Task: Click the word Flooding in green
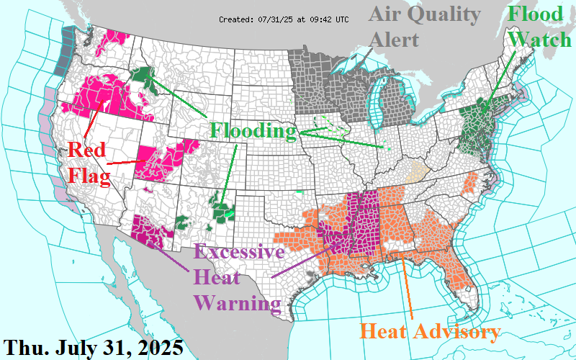253,131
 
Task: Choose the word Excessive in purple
239,253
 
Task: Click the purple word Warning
237,301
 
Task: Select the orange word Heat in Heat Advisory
381,332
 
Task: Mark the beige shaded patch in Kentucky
418,173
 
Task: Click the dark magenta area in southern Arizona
149,230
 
